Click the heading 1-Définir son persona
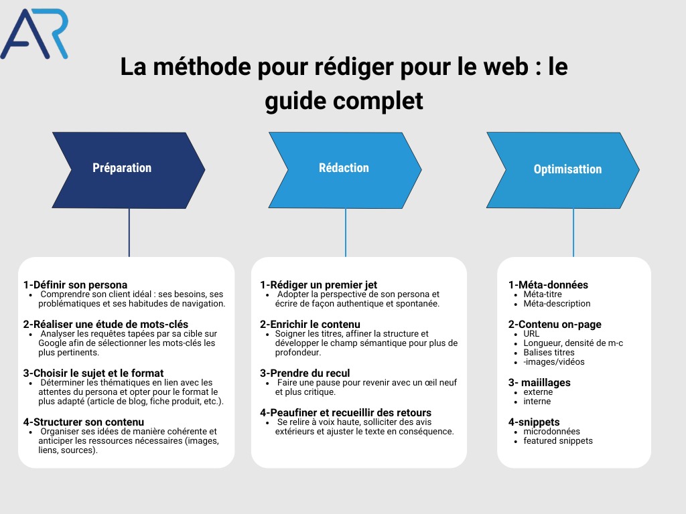[75, 285]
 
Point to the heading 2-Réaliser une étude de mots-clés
[106, 325]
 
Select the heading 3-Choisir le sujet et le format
[93, 373]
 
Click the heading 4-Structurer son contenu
[83, 422]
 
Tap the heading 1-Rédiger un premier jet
[318, 285]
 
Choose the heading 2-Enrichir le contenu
[310, 325]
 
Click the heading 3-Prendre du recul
[305, 373]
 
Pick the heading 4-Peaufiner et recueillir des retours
[346, 413]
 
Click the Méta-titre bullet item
[543, 294]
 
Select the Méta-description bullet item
[557, 304]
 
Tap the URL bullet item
[531, 334]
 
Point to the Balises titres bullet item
[549, 353]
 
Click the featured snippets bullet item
[558, 441]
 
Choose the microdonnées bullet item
[552, 432]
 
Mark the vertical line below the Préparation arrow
[129, 232]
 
